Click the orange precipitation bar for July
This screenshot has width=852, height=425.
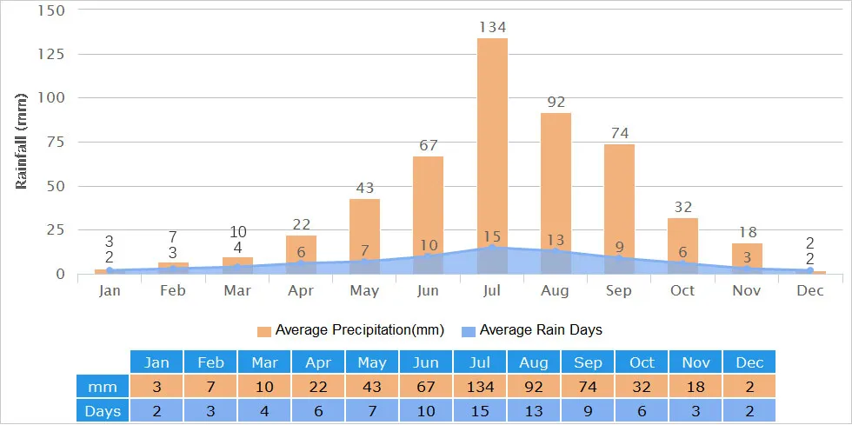pos(492,139)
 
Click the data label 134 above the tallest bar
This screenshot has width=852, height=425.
pos(492,28)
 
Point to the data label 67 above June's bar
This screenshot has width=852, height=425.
pos(428,145)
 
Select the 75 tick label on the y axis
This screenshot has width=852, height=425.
pos(55,143)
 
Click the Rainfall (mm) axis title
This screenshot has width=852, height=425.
pos(22,141)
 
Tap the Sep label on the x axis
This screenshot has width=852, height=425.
pos(619,290)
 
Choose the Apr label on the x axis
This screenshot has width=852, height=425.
pos(301,290)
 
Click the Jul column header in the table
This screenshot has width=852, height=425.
pos(479,362)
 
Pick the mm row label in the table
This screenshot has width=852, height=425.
pos(103,387)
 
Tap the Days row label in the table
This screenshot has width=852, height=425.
pos(103,410)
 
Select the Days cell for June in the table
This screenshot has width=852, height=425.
pos(425,410)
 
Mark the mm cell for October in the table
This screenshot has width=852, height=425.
pos(641,387)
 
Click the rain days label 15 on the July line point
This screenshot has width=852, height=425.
pos(492,236)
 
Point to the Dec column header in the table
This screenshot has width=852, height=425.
pos(749,362)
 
